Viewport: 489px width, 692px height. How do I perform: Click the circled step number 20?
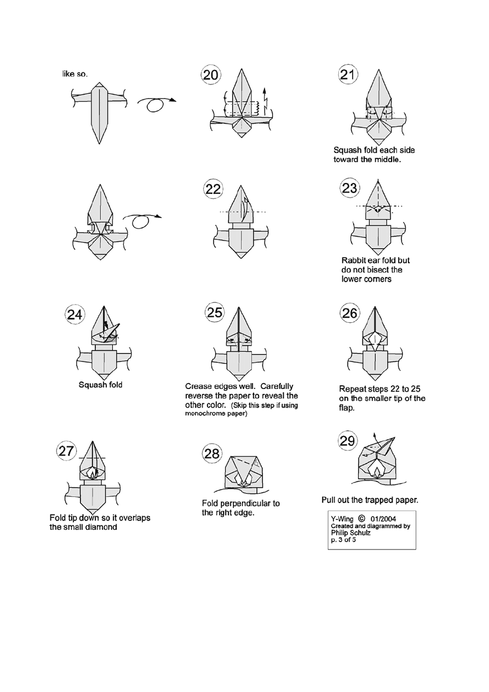pyautogui.click(x=210, y=76)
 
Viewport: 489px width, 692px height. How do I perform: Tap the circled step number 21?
pyautogui.click(x=348, y=76)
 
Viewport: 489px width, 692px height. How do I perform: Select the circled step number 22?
pyautogui.click(x=213, y=190)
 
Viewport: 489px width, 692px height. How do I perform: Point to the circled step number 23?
pyautogui.click(x=350, y=188)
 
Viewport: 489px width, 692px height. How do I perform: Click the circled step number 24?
pyautogui.click(x=75, y=314)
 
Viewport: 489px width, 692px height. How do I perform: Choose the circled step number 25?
pyautogui.click(x=215, y=313)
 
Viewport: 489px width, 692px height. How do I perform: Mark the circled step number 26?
pyautogui.click(x=350, y=313)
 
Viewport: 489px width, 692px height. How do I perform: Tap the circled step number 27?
pyautogui.click(x=67, y=451)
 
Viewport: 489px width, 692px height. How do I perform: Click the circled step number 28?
pyautogui.click(x=211, y=453)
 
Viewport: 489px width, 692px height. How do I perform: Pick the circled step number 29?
pyautogui.click(x=347, y=441)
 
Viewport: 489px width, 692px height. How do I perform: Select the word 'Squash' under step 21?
pyautogui.click(x=347, y=150)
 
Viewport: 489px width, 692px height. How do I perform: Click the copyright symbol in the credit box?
pyautogui.click(x=361, y=517)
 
